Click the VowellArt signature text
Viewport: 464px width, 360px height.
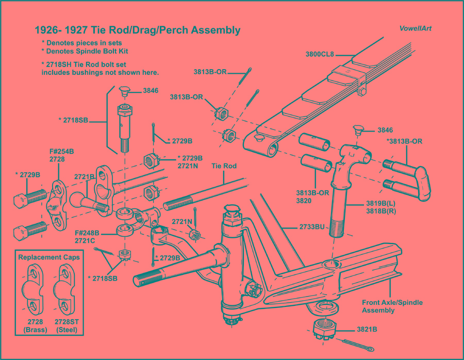coord(415,29)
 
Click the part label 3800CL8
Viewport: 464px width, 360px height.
coord(321,53)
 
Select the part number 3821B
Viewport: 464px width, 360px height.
coord(367,329)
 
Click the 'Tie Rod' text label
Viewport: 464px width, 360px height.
coord(224,166)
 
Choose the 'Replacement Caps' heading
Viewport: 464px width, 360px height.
coord(49,257)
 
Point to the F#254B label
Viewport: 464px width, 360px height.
coord(62,152)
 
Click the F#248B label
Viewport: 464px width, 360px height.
coord(89,233)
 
